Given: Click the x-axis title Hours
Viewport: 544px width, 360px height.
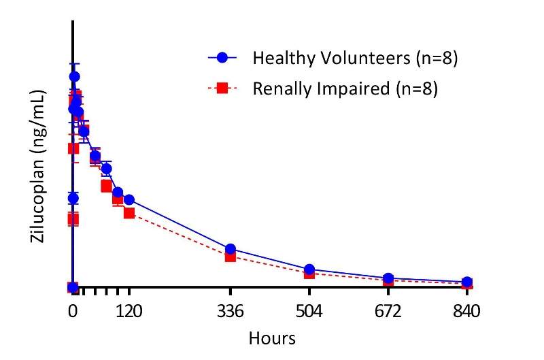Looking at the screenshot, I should (272, 338).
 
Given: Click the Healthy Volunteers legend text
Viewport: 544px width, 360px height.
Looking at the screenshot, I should (354, 58).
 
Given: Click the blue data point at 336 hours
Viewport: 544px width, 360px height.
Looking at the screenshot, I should (231, 249).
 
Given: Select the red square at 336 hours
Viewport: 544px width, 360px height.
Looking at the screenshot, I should (231, 256).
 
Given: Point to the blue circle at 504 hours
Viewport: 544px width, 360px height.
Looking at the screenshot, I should (309, 269).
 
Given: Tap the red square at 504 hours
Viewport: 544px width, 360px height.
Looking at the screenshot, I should (309, 273).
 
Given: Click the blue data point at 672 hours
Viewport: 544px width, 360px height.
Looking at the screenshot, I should (388, 278).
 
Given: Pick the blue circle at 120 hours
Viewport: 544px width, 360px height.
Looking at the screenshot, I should (129, 199).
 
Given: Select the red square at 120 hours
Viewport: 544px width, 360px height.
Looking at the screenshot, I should (129, 213).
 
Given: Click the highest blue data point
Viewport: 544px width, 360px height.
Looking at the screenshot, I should (74, 77).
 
